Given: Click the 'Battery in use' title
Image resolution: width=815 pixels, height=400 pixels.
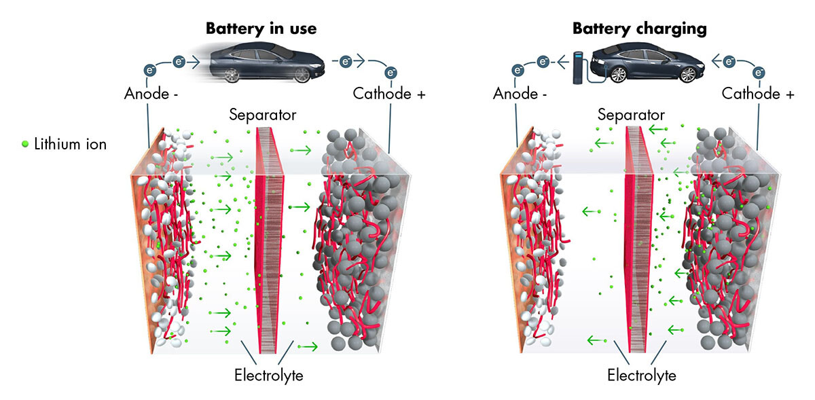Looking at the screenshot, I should [261, 29].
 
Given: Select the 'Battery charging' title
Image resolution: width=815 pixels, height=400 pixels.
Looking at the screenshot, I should [639, 29].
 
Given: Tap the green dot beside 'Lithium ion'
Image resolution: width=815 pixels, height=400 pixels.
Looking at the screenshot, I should [26, 144].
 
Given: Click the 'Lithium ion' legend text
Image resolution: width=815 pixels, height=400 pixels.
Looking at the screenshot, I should [70, 144].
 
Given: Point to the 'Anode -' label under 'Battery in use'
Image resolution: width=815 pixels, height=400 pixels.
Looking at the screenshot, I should [151, 94].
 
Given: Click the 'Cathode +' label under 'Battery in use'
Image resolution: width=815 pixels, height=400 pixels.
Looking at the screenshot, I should [389, 94].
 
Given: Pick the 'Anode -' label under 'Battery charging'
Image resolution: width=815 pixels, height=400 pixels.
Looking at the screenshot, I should [520, 94].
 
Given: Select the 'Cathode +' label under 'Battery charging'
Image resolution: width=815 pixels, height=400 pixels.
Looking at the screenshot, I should [757, 94].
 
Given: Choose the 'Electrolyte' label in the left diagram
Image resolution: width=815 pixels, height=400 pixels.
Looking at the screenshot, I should [268, 375].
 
